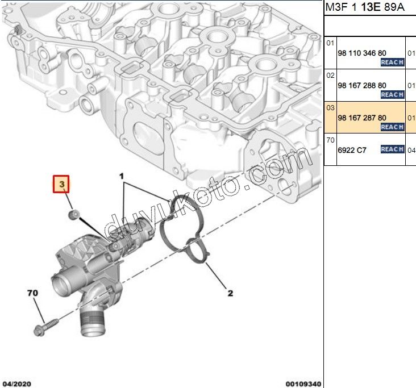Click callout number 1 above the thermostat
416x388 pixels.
[x=121, y=177]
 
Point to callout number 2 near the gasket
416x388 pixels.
[x=230, y=294]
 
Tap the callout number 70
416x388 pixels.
[x=33, y=294]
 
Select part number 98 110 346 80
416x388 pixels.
[x=361, y=53]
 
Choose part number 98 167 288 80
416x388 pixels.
[x=361, y=85]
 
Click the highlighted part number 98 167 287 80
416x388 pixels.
[x=361, y=118]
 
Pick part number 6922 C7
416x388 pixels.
[x=352, y=150]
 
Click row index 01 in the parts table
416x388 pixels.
[x=330, y=43]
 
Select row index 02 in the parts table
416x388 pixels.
[x=330, y=75]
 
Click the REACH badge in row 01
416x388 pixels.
[x=392, y=62]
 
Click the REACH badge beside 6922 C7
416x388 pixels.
[x=392, y=149]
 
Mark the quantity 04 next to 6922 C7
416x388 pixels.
[x=411, y=150]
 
